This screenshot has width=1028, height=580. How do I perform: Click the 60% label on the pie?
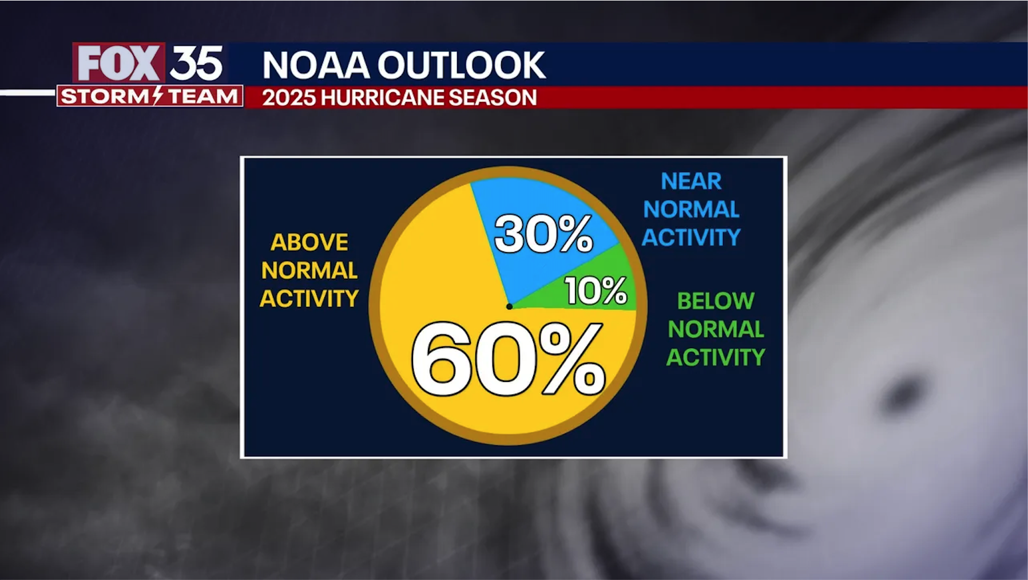click(507, 360)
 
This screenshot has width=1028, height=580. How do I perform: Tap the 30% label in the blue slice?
click(543, 234)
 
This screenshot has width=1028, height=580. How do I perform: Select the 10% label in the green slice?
click(596, 290)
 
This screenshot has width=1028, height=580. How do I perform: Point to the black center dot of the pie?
click(509, 306)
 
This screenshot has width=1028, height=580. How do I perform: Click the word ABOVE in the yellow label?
click(309, 242)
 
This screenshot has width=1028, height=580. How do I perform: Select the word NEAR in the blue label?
click(690, 182)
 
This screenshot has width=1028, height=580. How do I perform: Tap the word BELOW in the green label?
click(715, 301)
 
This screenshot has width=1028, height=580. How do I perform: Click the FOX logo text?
click(119, 63)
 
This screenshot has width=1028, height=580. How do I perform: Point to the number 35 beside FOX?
click(196, 63)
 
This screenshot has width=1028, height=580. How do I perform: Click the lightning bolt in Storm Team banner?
click(158, 96)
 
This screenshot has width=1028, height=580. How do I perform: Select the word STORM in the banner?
click(105, 96)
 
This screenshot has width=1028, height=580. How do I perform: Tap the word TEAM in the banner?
click(203, 96)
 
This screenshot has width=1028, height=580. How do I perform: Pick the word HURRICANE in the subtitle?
click(382, 98)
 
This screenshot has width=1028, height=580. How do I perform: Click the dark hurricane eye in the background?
click(903, 393)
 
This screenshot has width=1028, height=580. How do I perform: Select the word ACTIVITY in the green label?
click(715, 358)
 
